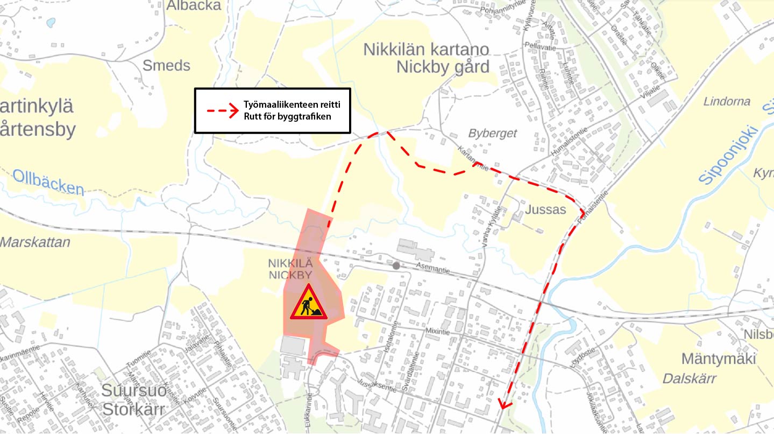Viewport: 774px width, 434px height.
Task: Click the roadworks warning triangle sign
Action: pos(308,303)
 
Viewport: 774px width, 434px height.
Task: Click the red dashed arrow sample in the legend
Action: pos(222,111)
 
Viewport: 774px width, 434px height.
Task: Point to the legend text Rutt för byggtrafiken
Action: pos(287,117)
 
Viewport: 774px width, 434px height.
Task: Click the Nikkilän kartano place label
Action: pos(426,50)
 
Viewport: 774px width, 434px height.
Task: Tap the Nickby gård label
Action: pos(443,67)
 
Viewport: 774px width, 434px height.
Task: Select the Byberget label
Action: pos(492,134)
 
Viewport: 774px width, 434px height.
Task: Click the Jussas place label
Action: pos(546,209)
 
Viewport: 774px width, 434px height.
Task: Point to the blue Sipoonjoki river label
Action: pos(729,155)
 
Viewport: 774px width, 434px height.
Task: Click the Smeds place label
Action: pos(166,66)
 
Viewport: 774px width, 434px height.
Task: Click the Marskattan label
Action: pos(35,242)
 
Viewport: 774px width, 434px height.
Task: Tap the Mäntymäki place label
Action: pos(719,359)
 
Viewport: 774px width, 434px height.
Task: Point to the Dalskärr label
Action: pos(689,379)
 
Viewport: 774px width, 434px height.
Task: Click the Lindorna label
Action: pos(727,101)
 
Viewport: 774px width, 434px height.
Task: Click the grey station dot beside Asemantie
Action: pos(396,265)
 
